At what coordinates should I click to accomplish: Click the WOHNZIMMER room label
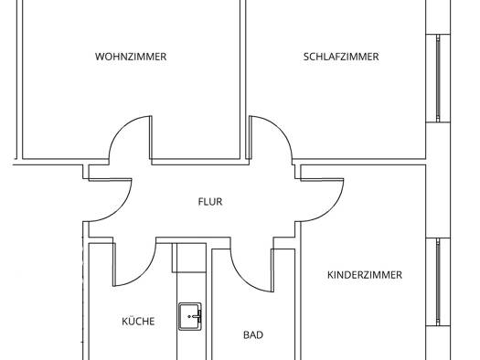tap(131, 57)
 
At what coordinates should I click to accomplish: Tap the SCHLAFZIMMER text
tap(341, 57)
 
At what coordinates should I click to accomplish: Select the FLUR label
tap(210, 202)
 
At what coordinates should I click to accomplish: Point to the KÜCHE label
tap(138, 322)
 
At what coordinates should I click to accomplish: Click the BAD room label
tap(253, 335)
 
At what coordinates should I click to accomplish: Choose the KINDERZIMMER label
tap(365, 275)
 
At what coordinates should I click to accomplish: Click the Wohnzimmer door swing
tap(115, 134)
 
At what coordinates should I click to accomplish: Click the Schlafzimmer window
tap(438, 78)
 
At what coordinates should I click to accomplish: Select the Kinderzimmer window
tap(438, 281)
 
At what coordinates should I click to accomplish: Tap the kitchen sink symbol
tap(190, 316)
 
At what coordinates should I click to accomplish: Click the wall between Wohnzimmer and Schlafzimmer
tap(243, 79)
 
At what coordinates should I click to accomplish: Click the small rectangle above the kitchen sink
tap(189, 258)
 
